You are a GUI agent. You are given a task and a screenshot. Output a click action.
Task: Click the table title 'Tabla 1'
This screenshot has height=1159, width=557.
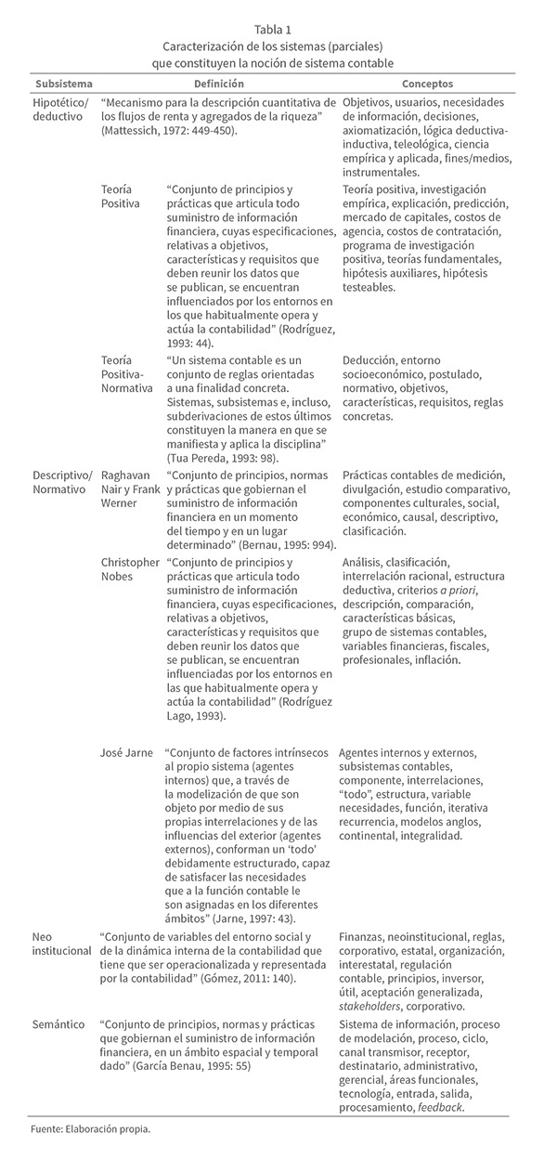278,29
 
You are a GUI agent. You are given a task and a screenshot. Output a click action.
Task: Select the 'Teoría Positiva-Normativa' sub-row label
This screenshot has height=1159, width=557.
126,374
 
